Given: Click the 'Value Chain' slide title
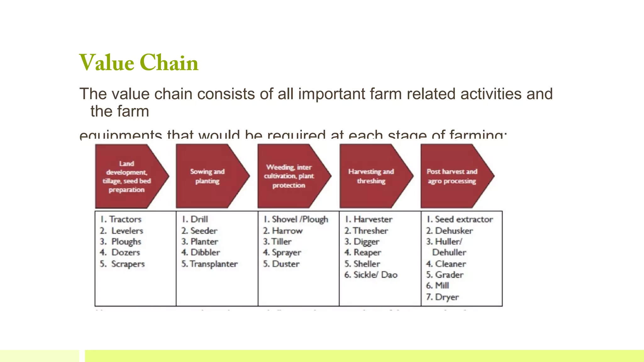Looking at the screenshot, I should coord(139,63).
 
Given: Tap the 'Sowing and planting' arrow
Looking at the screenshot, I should coord(208,176).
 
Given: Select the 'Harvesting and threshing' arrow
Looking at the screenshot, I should coord(371,176).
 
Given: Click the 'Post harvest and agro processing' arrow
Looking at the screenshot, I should coord(452,176).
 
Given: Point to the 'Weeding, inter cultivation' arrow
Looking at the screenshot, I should coord(289,176).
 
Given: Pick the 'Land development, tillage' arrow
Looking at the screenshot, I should coord(127,176).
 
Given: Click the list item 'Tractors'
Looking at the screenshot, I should coord(125,219).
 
